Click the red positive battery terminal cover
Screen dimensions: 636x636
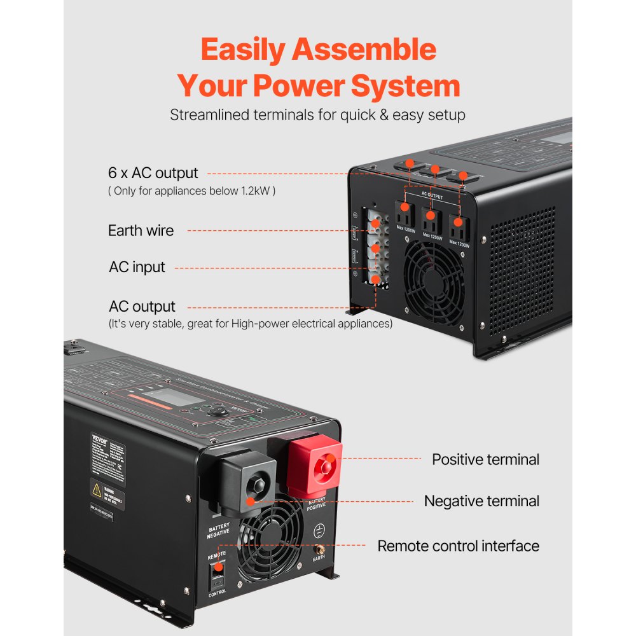pyautogui.click(x=316, y=467)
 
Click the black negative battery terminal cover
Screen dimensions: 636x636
pyautogui.click(x=248, y=483)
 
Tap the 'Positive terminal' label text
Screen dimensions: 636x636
pyautogui.click(x=485, y=459)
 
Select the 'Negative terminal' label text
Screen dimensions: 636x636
pyautogui.click(x=481, y=501)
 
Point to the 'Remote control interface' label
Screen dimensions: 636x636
pyautogui.click(x=458, y=546)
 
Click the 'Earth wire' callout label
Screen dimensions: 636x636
pyautogui.click(x=141, y=230)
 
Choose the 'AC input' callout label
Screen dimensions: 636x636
pyautogui.click(x=137, y=267)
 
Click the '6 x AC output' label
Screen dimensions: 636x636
pyautogui.click(x=153, y=173)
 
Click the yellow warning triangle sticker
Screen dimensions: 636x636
pyautogui.click(x=97, y=490)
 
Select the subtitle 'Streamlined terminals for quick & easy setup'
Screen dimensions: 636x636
pyautogui.click(x=317, y=115)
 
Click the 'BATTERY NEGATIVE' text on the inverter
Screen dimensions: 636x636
pyautogui.click(x=218, y=530)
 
